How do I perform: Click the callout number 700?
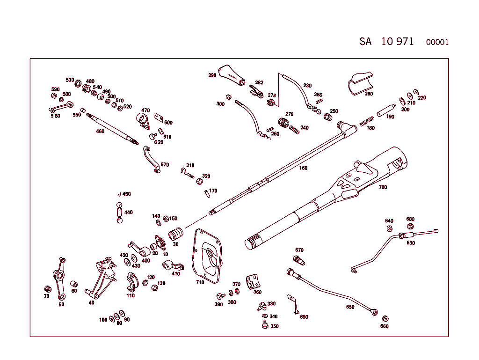click(383, 187)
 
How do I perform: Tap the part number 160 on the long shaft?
click(303, 168)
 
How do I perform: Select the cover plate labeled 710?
click(207, 256)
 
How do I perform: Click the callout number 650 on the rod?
click(350, 307)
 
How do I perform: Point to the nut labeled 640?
click(389, 228)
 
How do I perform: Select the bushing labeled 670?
click(298, 260)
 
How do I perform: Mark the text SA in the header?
click(365, 41)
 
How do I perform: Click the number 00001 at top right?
click(437, 42)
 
